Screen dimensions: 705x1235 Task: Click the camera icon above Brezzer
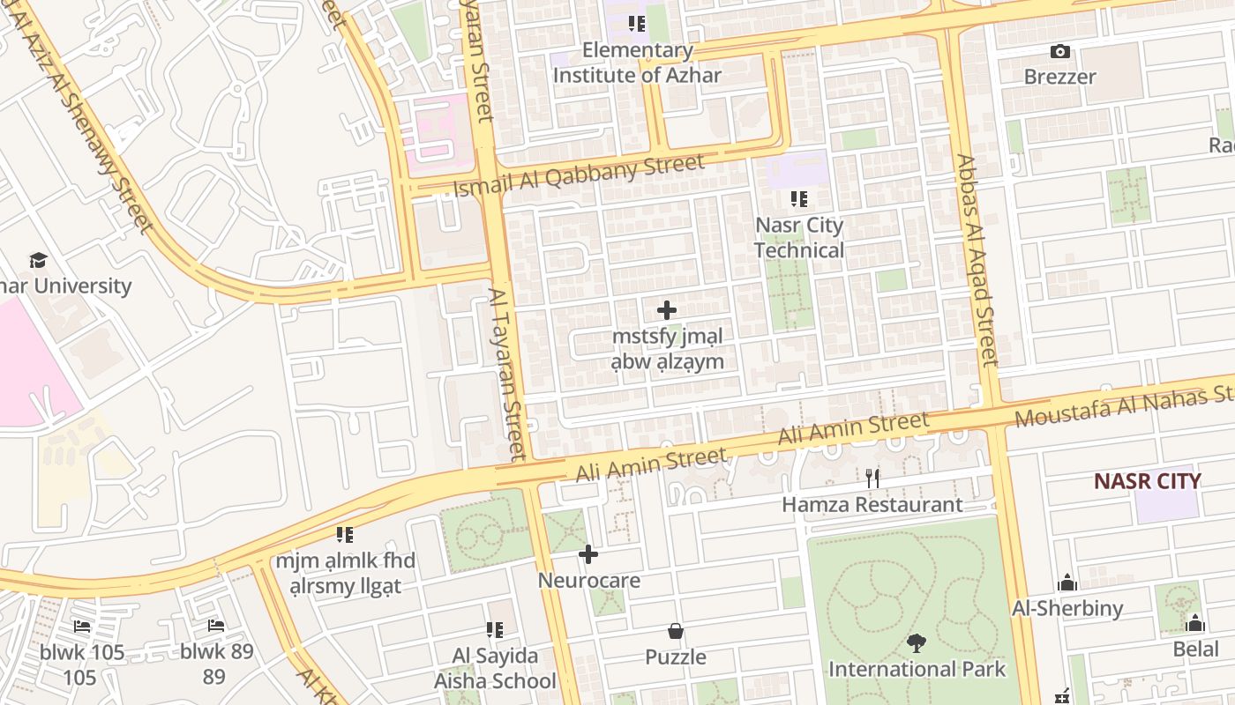1059,52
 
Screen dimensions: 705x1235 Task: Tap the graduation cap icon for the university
38,261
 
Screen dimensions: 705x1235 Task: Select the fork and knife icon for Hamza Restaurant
872,479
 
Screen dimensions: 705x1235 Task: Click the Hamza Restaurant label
872,505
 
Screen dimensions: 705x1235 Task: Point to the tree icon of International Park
917,644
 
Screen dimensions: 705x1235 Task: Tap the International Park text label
917,669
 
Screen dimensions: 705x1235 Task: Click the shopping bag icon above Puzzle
676,632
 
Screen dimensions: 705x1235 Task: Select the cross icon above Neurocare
588,555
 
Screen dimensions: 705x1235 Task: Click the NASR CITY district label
1147,481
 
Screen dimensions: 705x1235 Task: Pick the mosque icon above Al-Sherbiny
1067,583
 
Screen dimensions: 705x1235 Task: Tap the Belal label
1195,649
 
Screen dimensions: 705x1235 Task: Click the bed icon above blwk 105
82,627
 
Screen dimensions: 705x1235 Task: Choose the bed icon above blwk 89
216,627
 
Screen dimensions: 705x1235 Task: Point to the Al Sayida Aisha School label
495,668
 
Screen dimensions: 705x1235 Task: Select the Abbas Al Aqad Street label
976,260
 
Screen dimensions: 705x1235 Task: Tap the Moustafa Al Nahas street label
1120,404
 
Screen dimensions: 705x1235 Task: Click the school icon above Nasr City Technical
799,199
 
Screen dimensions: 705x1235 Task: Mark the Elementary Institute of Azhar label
637,63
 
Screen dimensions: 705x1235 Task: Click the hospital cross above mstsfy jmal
667,310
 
